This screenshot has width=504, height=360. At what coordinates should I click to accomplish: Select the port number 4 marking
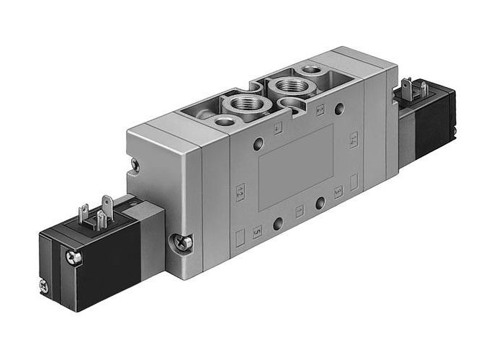point(278,130)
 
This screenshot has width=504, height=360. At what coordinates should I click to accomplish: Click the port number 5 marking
point(258,231)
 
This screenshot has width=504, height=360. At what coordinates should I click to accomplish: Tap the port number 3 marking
point(338,192)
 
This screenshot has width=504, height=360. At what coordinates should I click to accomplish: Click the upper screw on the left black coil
point(70,255)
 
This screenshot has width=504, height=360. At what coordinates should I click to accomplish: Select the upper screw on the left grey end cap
point(134,165)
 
